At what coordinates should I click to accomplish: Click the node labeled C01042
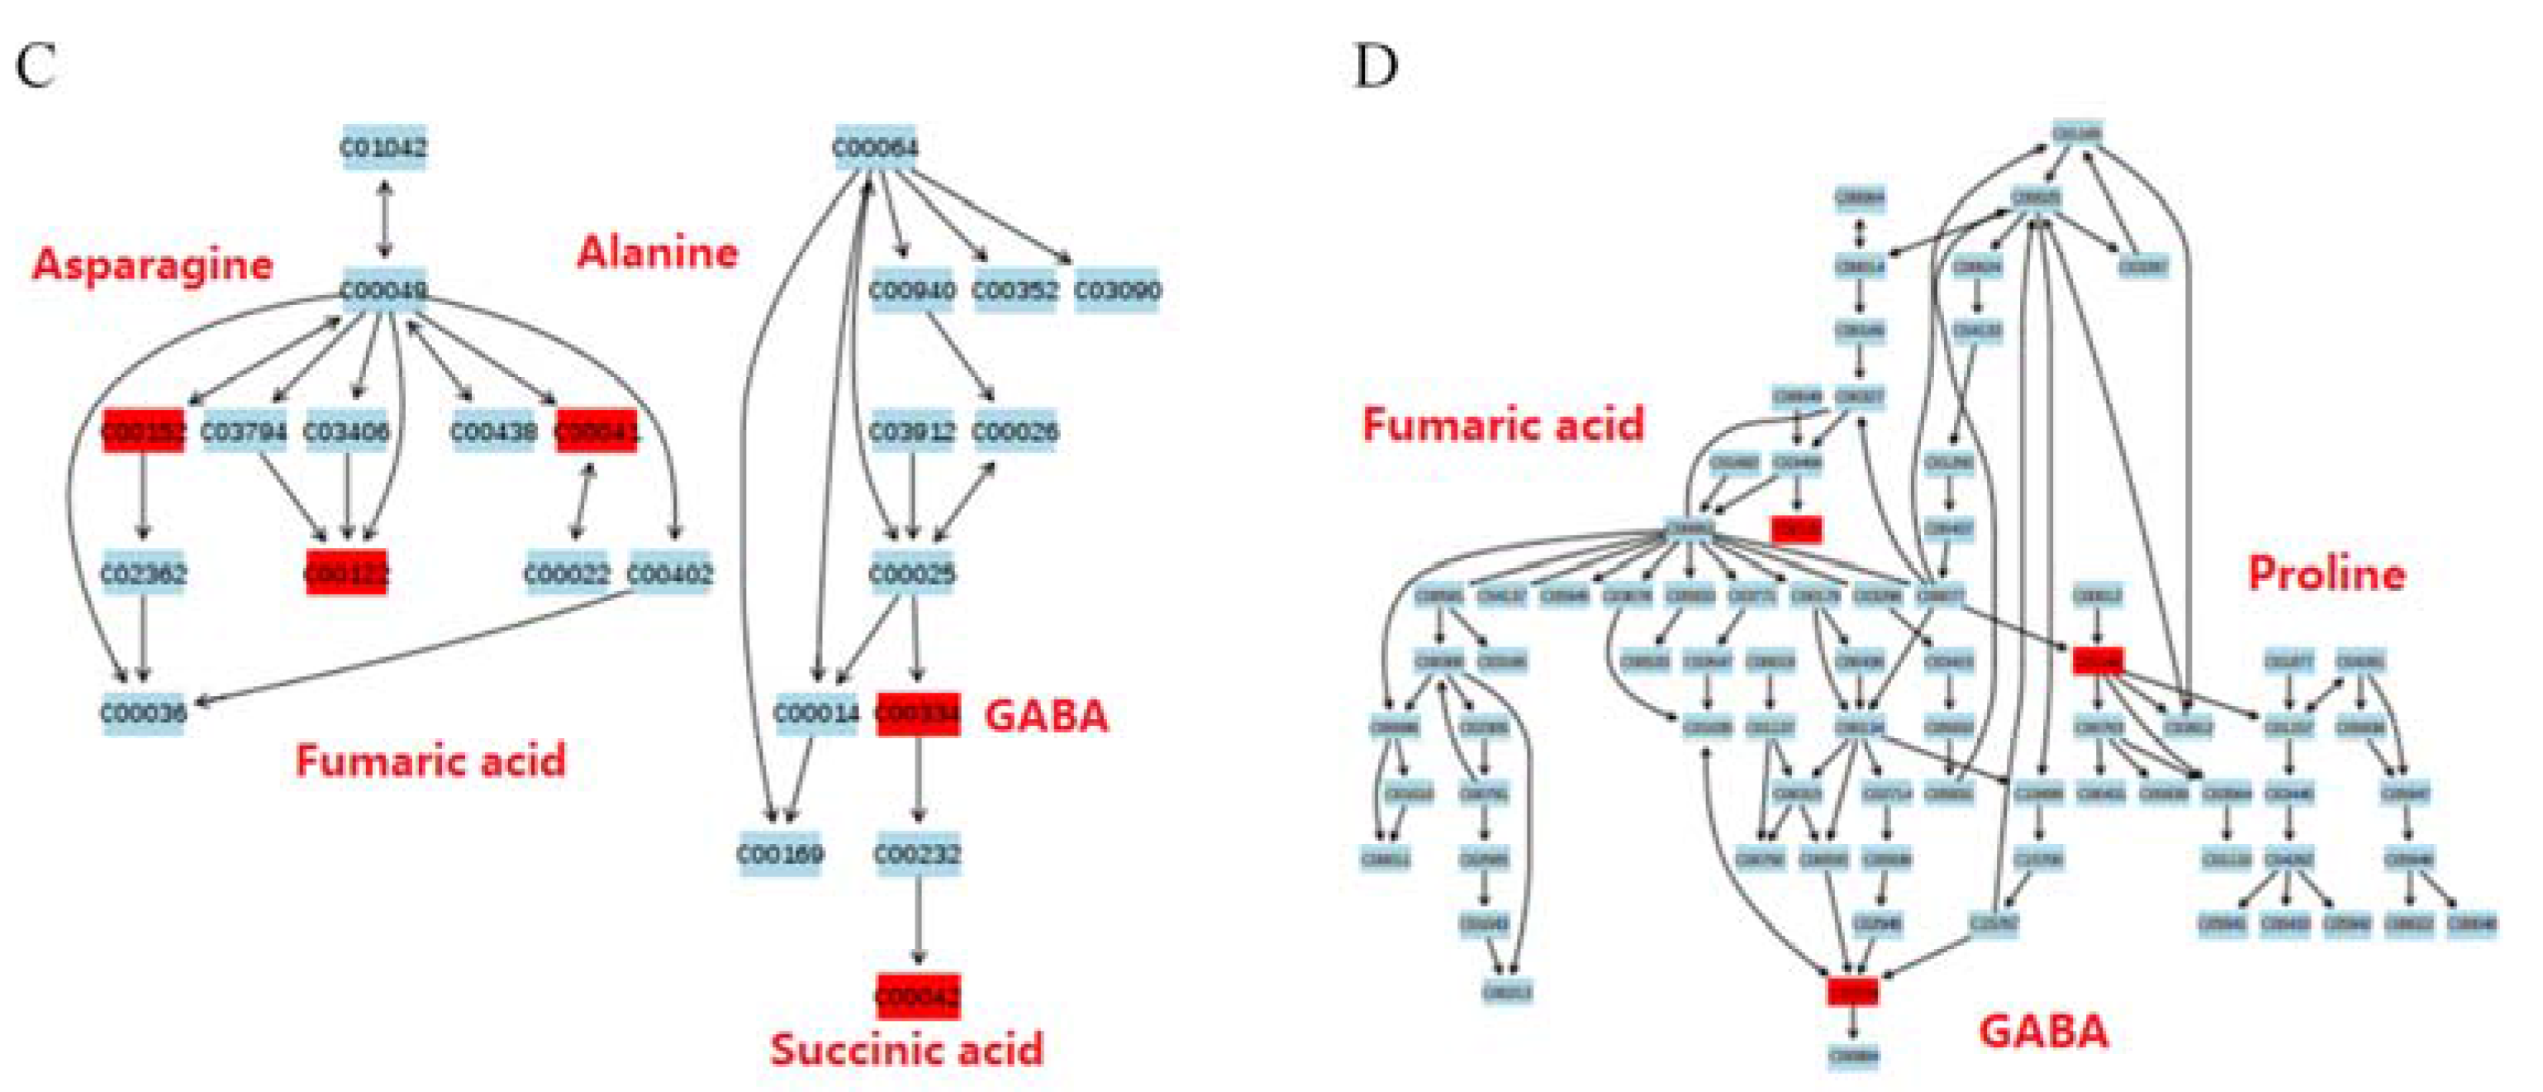click(384, 148)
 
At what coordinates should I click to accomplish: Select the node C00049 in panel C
click(384, 290)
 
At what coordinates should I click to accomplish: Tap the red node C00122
click(346, 573)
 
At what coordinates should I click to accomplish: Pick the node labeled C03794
click(244, 432)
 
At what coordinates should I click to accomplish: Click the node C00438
click(493, 432)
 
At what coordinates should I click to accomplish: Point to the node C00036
click(144, 712)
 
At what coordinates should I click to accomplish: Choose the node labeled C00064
click(876, 148)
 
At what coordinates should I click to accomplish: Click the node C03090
click(1116, 290)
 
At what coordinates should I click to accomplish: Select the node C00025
click(913, 573)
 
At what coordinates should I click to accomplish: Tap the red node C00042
click(918, 996)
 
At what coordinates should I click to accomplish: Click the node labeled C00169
click(780, 854)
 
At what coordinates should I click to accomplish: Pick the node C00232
click(918, 854)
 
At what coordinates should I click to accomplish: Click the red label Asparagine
click(153, 265)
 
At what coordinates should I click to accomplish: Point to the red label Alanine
click(658, 252)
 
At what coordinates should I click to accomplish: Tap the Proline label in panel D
click(2326, 574)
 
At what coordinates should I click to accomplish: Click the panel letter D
click(1375, 67)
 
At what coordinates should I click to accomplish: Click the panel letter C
click(36, 67)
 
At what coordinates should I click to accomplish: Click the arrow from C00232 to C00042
click(918, 923)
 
